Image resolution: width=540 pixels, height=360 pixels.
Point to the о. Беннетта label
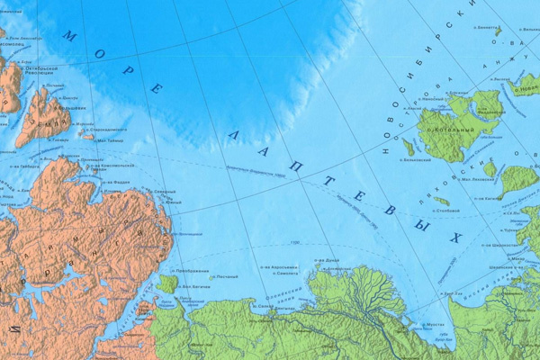[x=487, y=27]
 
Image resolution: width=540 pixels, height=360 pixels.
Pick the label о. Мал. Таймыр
[x=110, y=140]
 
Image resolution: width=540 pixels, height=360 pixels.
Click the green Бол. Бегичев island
[x=166, y=284]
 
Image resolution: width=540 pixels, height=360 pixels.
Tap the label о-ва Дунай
[x=327, y=261]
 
